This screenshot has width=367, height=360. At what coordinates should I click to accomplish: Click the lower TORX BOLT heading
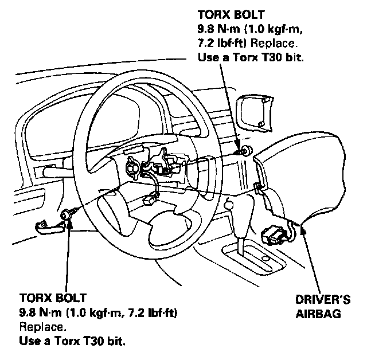(53, 298)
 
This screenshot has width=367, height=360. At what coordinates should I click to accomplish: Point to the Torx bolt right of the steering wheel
(245, 151)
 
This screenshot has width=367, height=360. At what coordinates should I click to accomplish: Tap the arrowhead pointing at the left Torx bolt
(69, 224)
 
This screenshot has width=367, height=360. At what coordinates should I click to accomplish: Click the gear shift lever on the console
(230, 204)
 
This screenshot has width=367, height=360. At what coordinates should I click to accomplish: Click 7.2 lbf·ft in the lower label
(150, 313)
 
